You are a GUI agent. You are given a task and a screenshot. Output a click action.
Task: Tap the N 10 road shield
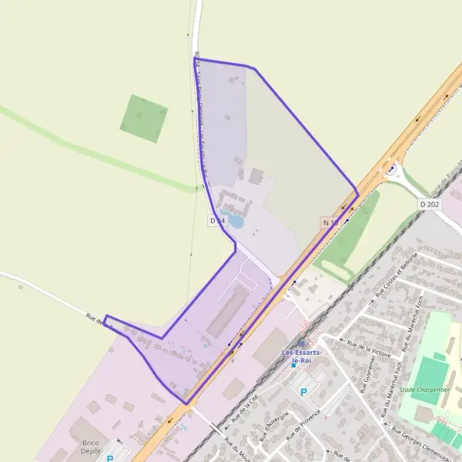(330, 223)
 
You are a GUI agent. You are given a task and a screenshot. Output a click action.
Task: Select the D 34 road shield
(217, 221)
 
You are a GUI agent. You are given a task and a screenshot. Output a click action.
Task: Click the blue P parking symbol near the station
(303, 392)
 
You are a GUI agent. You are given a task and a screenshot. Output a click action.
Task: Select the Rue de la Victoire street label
(369, 348)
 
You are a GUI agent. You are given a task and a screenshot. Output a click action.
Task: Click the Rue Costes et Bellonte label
(397, 275)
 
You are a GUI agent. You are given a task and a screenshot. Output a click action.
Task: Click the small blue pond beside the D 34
(234, 222)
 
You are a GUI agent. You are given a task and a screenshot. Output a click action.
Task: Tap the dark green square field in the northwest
(144, 118)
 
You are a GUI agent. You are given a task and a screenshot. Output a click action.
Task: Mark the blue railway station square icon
(293, 365)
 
